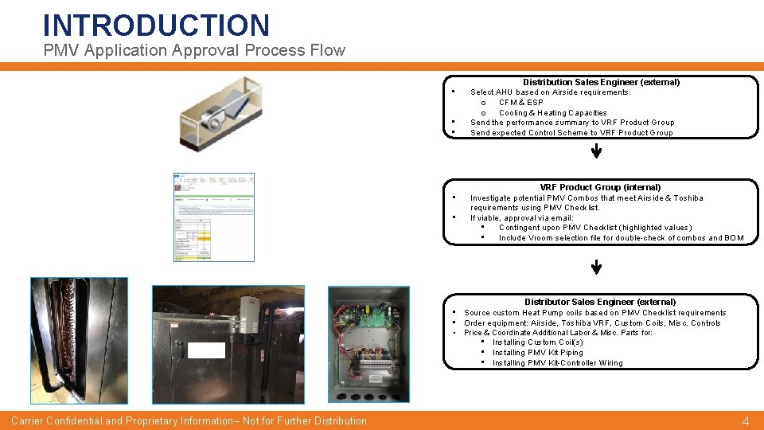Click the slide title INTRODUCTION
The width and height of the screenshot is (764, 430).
[x=156, y=25]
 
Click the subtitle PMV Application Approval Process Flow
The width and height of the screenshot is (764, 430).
[x=194, y=51]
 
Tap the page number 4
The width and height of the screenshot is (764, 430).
[x=745, y=421]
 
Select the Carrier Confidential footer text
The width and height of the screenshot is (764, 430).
[x=189, y=420]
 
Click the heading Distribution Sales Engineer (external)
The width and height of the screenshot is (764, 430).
[x=601, y=82]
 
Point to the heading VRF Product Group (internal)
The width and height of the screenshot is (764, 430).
[x=600, y=187]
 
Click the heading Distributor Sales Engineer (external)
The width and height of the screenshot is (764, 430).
[x=600, y=302]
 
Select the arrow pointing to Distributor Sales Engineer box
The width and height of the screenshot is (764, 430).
[x=596, y=268]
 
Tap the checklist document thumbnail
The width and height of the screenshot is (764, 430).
[x=215, y=217]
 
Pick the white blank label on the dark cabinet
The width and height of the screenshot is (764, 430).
[x=207, y=350]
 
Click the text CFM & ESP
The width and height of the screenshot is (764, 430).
[x=520, y=103]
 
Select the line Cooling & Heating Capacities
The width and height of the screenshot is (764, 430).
[x=552, y=113]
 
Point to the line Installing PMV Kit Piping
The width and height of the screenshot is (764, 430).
[x=537, y=353]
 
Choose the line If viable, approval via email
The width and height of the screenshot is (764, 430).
[x=521, y=217]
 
